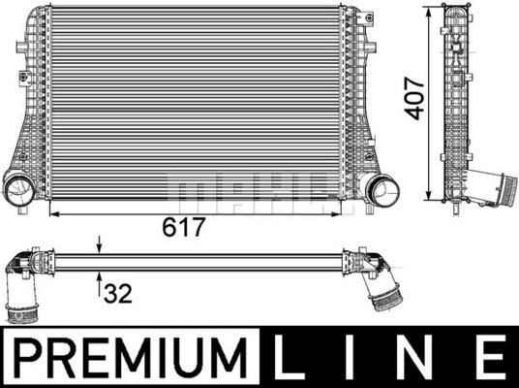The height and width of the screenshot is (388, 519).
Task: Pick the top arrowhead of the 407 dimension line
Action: pyautogui.click(x=432, y=14)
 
